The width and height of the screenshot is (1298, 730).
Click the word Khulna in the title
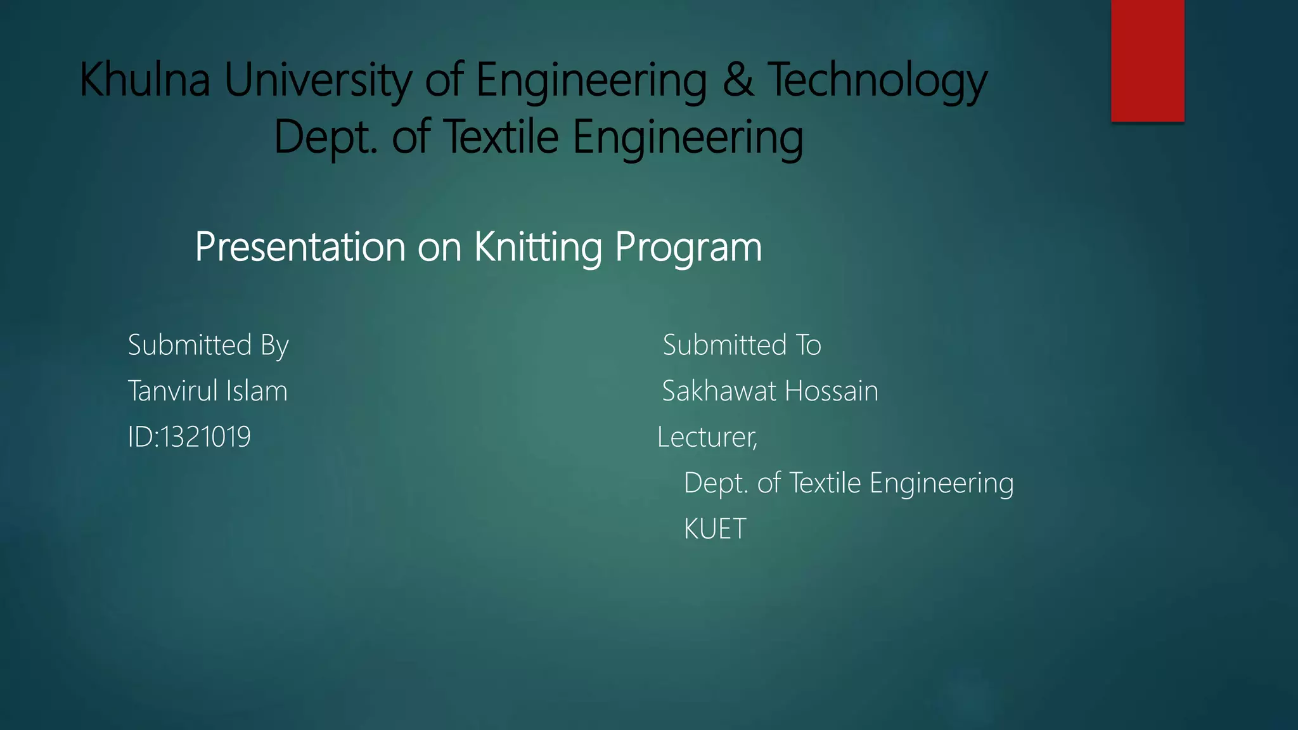click(145, 80)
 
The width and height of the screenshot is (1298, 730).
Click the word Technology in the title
click(878, 81)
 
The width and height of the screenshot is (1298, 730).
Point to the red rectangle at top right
click(1147, 60)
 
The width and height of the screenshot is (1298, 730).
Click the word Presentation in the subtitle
click(300, 247)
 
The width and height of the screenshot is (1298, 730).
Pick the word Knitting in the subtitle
click(538, 247)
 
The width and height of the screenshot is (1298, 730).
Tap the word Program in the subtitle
click(688, 247)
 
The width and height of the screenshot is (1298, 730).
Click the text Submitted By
click(208, 345)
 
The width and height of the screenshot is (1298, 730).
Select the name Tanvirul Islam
click(207, 391)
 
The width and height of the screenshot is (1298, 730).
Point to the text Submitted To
click(742, 345)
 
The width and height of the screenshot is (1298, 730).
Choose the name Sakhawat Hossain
click(770, 391)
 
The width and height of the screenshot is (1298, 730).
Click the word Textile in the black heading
click(501, 137)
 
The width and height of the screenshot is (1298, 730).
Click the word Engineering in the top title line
click(591, 81)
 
